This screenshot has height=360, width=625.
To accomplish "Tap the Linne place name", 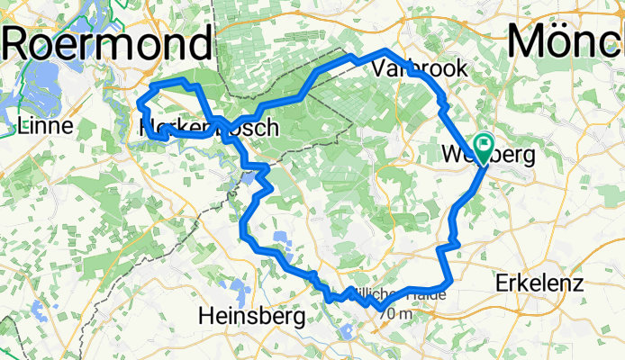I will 45,126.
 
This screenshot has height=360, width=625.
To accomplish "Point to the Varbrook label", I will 407,68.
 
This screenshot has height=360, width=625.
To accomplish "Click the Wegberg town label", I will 490,156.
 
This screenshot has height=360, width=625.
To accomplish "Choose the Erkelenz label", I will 539,283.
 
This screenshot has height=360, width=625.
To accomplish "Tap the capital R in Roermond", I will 23,41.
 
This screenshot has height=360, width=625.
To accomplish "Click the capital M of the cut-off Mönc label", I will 531,41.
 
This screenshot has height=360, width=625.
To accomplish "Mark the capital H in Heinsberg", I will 205,316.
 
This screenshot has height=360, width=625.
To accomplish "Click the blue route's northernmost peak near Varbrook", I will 387,51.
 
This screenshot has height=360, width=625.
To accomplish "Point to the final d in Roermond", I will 202,41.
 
